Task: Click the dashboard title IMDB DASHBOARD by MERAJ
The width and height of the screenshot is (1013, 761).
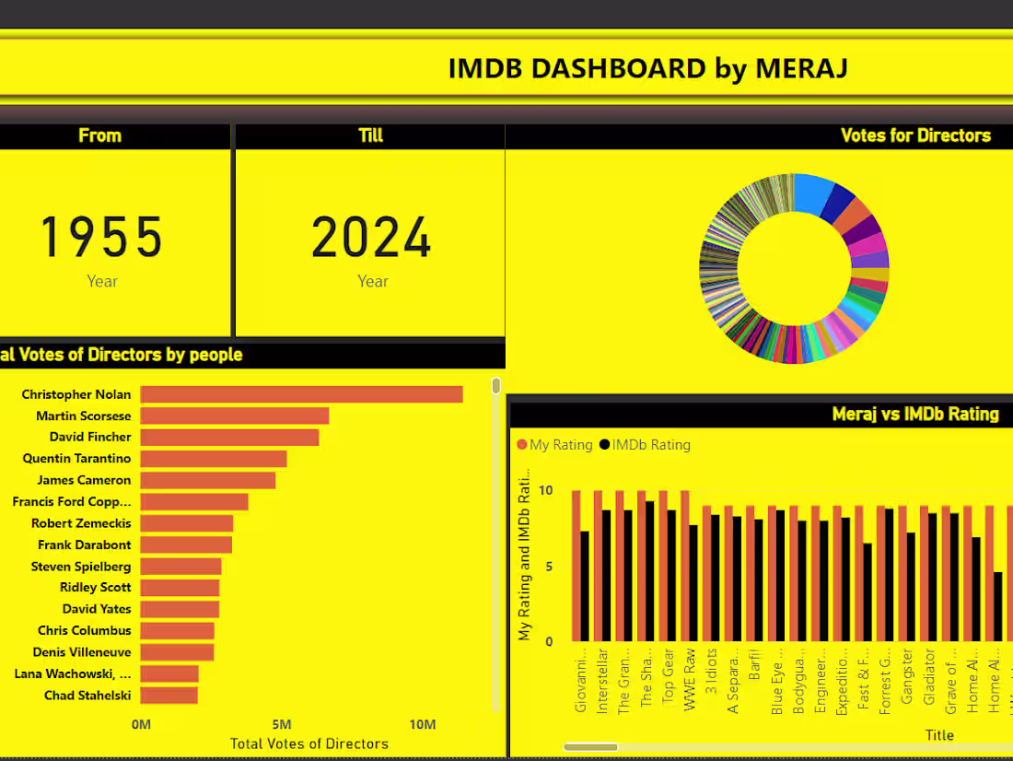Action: (647, 68)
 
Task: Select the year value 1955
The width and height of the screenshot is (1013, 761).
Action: (101, 237)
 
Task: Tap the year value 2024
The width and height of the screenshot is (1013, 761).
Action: (372, 237)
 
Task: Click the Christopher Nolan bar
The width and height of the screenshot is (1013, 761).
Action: (301, 394)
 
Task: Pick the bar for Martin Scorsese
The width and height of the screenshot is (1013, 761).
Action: (234, 416)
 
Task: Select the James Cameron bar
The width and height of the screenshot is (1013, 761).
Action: (207, 480)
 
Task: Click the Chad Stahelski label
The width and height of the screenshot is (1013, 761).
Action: (87, 696)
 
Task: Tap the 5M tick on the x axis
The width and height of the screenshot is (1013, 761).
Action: (282, 725)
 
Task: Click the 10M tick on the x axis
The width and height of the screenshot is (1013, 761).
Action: (423, 725)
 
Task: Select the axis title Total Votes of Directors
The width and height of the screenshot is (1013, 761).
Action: (309, 743)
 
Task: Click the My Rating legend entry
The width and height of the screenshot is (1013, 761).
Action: (555, 445)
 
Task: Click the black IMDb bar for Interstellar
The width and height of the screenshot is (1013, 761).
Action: (606, 576)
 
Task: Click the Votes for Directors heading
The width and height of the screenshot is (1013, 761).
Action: (915, 135)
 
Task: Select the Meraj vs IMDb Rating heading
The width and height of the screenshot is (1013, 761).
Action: (915, 415)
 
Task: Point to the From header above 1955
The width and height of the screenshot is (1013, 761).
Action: (99, 135)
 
